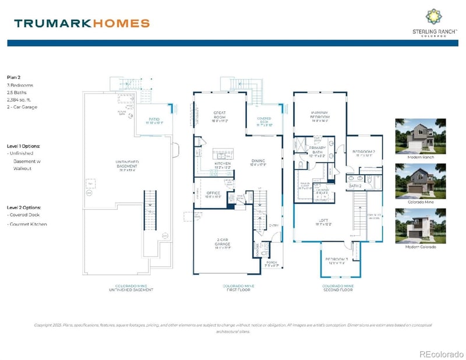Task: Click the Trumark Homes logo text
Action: [82, 23]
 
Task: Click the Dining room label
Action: [258, 161]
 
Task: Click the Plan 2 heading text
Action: [15, 77]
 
